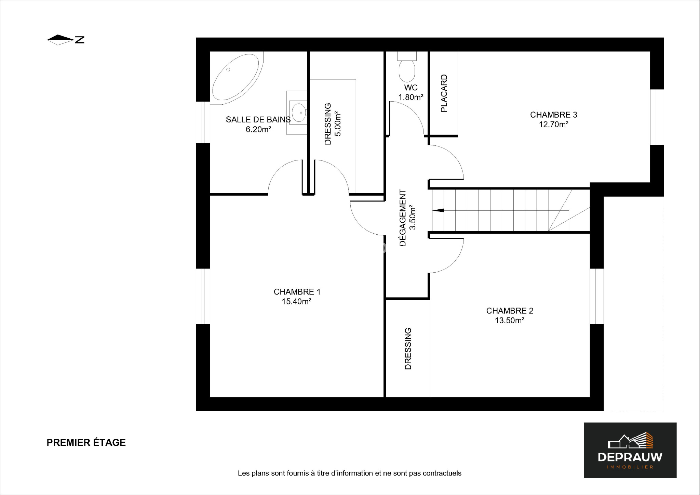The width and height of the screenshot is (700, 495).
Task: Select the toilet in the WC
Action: tap(407, 67)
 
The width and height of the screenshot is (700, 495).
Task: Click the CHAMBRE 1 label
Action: tap(297, 292)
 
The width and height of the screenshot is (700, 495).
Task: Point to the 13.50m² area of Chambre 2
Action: tap(510, 321)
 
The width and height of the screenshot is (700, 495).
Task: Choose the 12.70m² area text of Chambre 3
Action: tap(553, 125)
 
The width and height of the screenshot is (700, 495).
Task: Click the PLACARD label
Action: tap(444, 93)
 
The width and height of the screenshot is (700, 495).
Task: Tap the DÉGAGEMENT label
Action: tap(403, 218)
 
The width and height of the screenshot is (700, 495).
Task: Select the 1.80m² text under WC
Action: tap(411, 97)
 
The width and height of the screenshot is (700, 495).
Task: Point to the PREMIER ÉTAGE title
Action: tap(86, 443)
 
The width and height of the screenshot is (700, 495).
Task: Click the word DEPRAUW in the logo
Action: tap(630, 457)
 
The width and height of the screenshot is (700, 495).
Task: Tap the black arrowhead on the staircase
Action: tap(438, 210)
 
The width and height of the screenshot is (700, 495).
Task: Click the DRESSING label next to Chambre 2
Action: tap(408, 349)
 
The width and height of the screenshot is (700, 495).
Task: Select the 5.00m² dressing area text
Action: tap(338, 123)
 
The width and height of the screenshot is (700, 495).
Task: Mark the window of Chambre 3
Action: tap(657, 117)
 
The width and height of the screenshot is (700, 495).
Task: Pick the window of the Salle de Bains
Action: tap(203, 122)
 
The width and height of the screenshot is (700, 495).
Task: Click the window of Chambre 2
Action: tap(597, 296)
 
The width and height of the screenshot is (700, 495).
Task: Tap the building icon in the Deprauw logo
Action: tap(631, 441)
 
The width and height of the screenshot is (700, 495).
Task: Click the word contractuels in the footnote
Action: tap(442, 473)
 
